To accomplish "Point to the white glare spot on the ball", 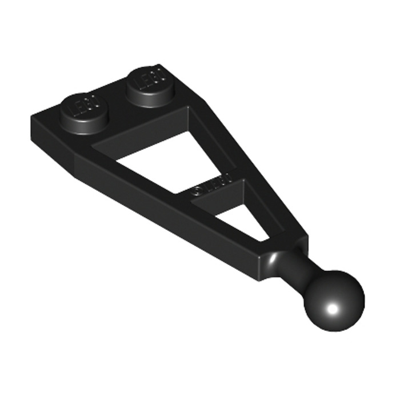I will pos(331,311).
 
